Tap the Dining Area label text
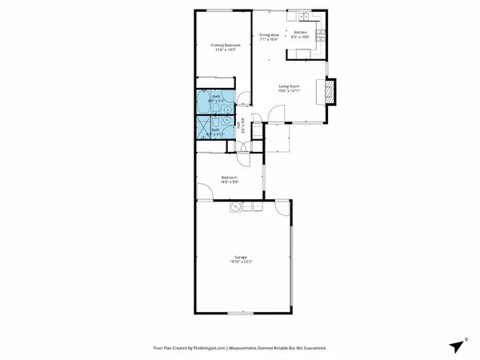point(269,35)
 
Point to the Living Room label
point(289,86)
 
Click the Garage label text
point(241,257)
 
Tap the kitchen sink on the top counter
point(304,16)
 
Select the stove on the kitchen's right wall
point(321,34)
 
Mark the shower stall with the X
point(203,129)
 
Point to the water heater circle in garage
point(235,208)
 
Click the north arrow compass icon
point(456,346)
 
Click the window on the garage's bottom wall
point(241,313)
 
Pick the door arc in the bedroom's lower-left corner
point(205,191)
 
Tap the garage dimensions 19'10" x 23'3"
point(241,262)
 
